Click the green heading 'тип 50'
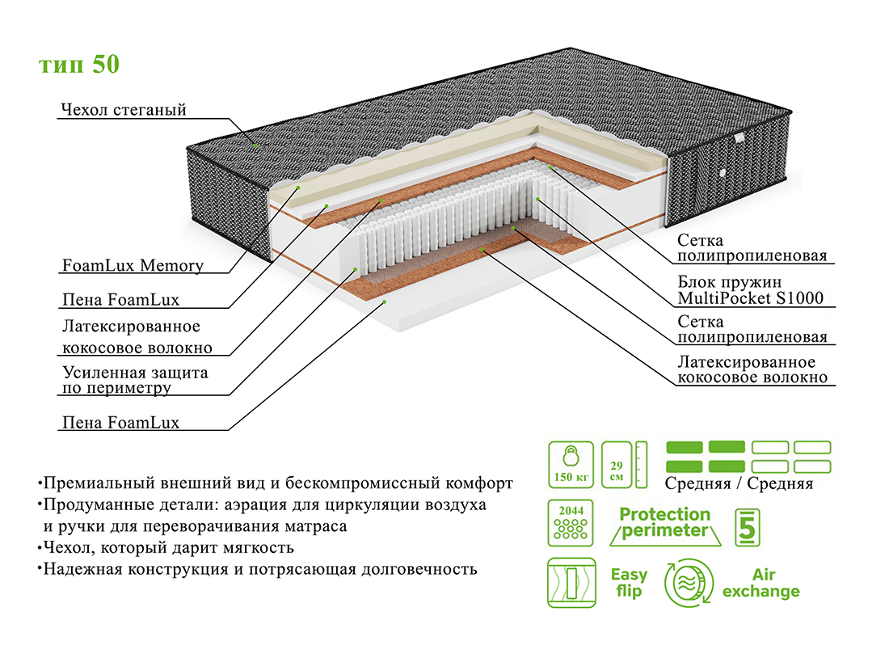[79, 65]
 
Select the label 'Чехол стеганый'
[124, 109]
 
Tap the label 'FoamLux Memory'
[133, 265]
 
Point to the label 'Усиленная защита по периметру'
[135, 380]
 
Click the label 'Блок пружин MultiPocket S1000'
[750, 291]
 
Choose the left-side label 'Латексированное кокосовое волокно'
[137, 337]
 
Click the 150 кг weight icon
[571, 465]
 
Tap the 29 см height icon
[625, 465]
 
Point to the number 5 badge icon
[748, 526]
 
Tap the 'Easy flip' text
[628, 583]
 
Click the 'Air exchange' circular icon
[689, 584]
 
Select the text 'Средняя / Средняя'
[739, 483]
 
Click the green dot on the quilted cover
[255, 145]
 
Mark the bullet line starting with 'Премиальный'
[275, 483]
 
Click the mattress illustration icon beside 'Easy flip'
[571, 583]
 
